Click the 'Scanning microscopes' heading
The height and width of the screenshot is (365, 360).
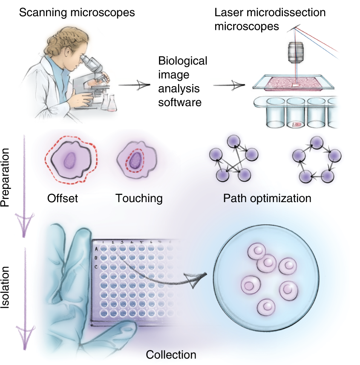tap(77, 13)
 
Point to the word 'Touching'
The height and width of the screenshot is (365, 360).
tap(138, 198)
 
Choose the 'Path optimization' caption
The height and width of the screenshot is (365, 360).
tap(267, 198)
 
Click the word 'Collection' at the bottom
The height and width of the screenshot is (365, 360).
tap(171, 355)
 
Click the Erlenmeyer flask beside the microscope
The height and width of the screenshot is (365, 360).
tap(112, 102)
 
